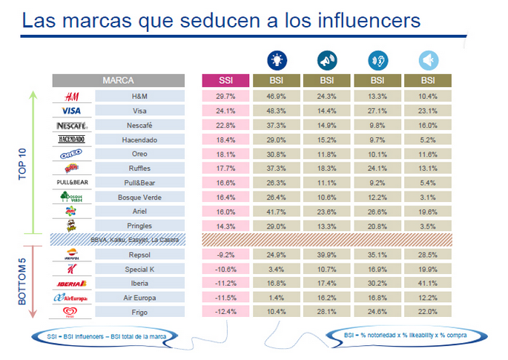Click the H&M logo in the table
72,96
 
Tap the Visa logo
72,110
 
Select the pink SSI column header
225,80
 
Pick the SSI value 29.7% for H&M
225,96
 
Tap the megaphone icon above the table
326,60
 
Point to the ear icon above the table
377,60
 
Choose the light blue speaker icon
427,60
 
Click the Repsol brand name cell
139,254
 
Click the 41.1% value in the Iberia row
428,282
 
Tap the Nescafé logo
72,124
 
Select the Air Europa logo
72,296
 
